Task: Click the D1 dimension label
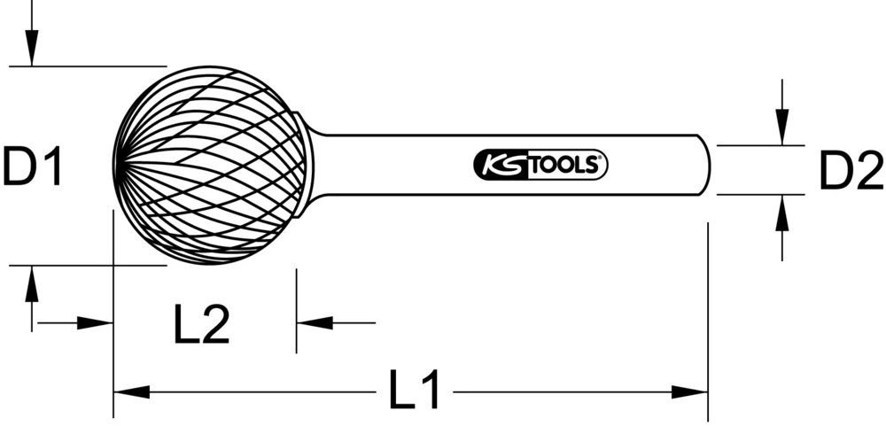pos(32,167)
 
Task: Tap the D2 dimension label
pos(850,170)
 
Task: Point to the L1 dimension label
pos(415,391)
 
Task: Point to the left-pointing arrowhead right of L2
pos(314,322)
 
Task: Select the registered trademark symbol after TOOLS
pos(599,160)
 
